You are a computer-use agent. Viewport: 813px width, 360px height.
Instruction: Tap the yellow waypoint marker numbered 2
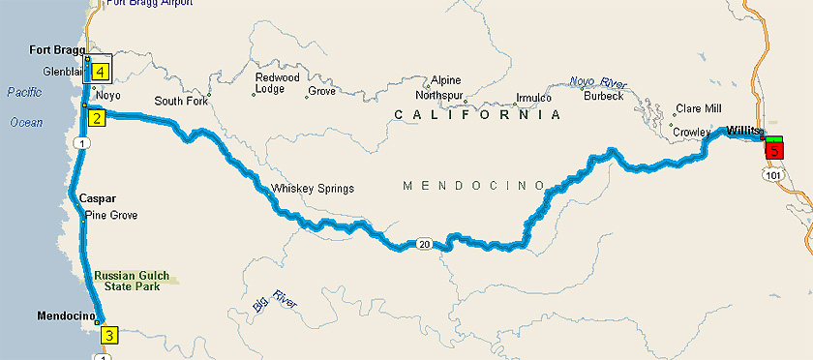pos(97,119)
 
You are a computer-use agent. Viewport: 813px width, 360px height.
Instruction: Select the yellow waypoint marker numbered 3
pos(109,336)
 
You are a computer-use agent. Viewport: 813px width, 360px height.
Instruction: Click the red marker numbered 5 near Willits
pos(775,149)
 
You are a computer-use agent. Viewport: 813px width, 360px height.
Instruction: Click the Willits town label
pos(745,130)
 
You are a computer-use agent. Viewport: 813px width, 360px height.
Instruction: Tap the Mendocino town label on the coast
pos(65,315)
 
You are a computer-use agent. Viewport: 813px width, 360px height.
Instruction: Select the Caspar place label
pos(98,196)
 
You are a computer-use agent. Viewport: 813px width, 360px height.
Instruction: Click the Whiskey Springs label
pos(313,188)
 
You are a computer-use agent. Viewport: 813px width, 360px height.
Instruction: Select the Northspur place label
pos(439,96)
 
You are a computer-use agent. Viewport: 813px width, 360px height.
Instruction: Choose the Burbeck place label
pos(603,96)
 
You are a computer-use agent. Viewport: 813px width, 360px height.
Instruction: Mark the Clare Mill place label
pos(700,108)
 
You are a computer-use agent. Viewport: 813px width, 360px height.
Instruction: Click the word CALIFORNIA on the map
pos(478,114)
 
